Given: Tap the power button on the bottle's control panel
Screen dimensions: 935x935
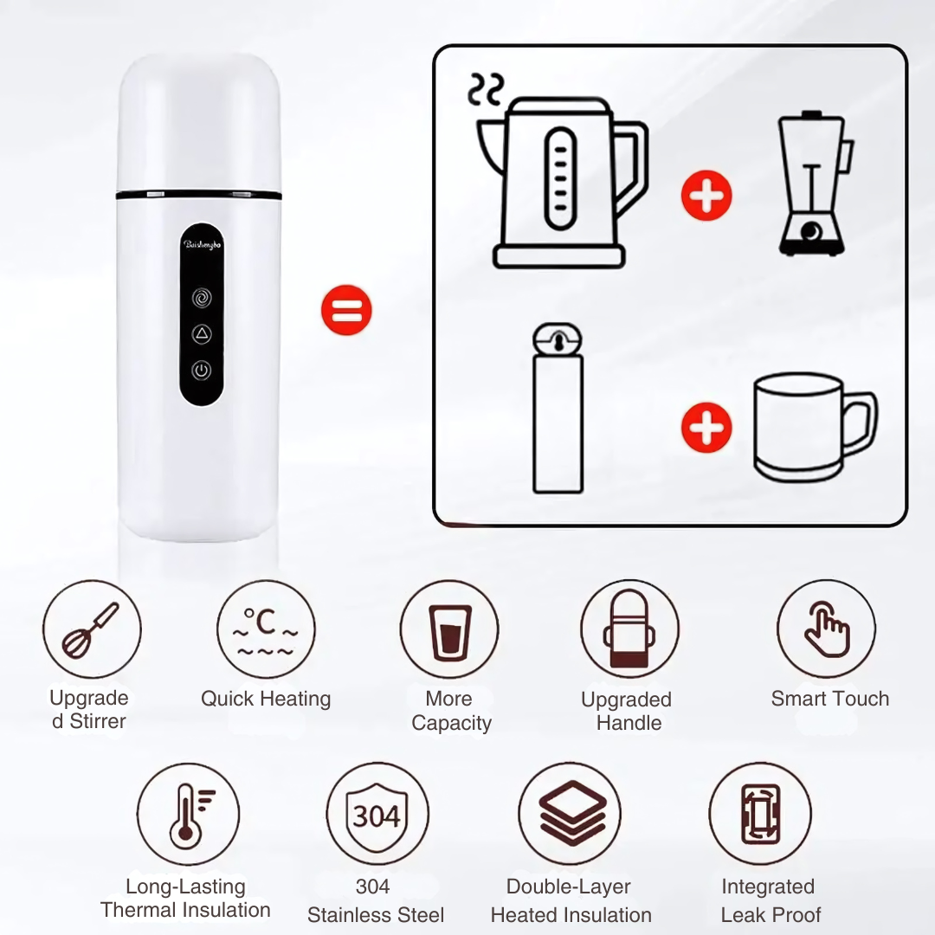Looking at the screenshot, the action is pos(202,370).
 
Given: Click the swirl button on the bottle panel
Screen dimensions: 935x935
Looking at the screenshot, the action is pos(202,298).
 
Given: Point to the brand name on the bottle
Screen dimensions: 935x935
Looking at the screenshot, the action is pos(202,244).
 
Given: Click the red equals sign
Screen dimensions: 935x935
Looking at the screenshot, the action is pos(346,310).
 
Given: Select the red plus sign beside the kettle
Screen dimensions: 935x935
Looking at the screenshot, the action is pos(706,196).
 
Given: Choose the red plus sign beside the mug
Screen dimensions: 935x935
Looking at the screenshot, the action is pos(706,427).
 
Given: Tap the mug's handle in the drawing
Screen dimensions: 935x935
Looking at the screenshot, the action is pos(860,422).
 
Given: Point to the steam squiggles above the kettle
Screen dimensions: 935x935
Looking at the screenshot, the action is pos(486,89).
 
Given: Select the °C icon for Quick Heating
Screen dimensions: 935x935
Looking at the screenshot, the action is pos(266,631).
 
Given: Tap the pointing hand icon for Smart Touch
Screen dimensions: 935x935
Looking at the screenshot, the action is pos(827,629).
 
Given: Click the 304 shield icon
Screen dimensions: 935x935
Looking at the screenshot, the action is pos(377,815).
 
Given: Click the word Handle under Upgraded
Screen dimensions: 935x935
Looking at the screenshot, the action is pos(629,723).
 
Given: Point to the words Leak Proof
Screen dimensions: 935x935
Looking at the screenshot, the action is pos(771,914).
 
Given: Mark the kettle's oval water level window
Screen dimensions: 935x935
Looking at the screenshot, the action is pos(560,178).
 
